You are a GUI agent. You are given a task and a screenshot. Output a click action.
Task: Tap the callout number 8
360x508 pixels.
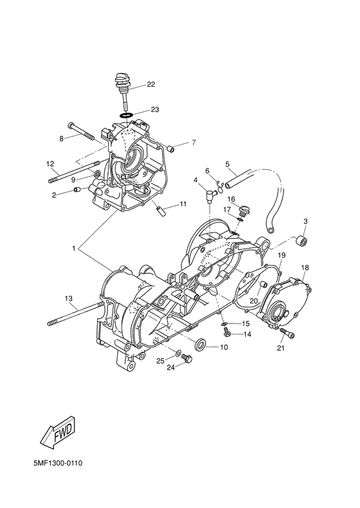[61, 139]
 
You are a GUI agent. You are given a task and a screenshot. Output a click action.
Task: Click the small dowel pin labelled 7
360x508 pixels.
[171, 149]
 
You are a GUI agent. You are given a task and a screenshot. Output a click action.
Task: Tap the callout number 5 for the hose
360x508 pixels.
[227, 164]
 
